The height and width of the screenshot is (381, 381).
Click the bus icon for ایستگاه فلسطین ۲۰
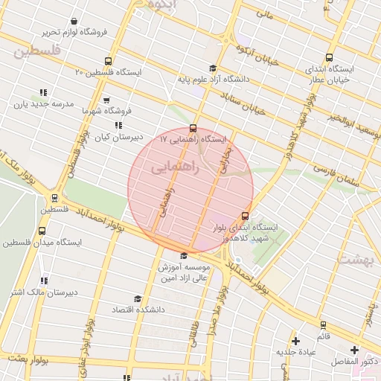(109, 62)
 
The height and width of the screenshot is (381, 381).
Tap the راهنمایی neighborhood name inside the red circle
(176, 169)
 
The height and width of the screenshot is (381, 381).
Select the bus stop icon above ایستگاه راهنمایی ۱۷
(193, 128)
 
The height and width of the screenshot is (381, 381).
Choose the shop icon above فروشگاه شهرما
(106, 100)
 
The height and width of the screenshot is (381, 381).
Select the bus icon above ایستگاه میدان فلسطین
(42, 231)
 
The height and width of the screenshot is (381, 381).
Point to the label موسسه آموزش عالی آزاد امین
(184, 272)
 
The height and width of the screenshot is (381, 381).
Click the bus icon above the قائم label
(323, 325)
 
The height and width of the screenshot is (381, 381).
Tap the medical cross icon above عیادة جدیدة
(296, 341)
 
